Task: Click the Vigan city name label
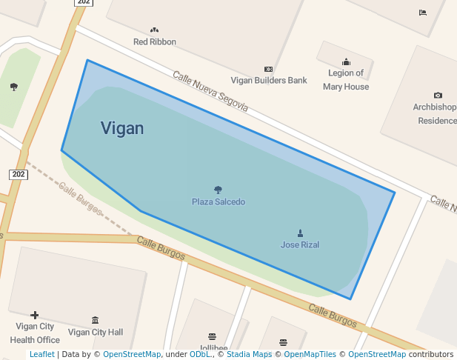pyautogui.click(x=122, y=128)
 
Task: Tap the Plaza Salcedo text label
pyautogui.click(x=219, y=201)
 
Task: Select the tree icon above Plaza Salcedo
pyautogui.click(x=218, y=190)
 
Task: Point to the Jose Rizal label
pyautogui.click(x=300, y=244)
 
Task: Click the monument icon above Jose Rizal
pyautogui.click(x=300, y=233)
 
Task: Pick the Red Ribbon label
pyautogui.click(x=155, y=41)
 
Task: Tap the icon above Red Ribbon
pyautogui.click(x=154, y=30)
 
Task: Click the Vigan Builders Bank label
pyautogui.click(x=269, y=80)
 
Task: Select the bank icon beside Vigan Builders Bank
pyautogui.click(x=268, y=69)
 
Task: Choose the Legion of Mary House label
pyautogui.click(x=346, y=80)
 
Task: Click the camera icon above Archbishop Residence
pyautogui.click(x=438, y=96)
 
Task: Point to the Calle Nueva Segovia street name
pyautogui.click(x=210, y=92)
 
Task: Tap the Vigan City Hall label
pyautogui.click(x=96, y=332)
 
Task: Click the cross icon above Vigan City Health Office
pyautogui.click(x=34, y=315)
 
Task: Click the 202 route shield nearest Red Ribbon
pyautogui.click(x=84, y=2)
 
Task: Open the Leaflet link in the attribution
pyautogui.click(x=41, y=354)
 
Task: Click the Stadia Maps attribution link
pyautogui.click(x=249, y=354)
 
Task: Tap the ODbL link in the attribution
pyautogui.click(x=200, y=354)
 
